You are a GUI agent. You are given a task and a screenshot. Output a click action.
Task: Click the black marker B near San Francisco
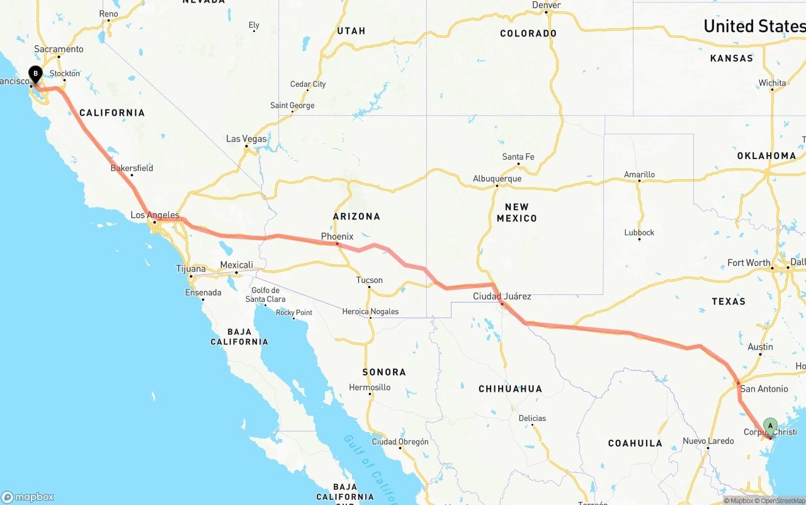(x=36, y=74)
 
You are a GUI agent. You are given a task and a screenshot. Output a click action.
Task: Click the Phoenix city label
(x=337, y=236)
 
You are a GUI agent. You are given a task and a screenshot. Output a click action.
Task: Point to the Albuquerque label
(x=497, y=179)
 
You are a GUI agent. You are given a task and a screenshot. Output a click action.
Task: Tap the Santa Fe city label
(x=518, y=157)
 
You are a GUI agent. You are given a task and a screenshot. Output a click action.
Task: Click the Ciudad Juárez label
(x=502, y=296)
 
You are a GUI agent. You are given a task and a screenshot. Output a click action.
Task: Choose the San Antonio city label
(x=764, y=389)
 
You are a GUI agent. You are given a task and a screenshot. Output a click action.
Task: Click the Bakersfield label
(x=132, y=168)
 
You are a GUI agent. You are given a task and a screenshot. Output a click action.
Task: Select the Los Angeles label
(x=155, y=215)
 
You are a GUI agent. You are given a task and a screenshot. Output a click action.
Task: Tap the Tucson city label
(x=369, y=280)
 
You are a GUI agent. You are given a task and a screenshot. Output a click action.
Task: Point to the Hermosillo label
(x=370, y=387)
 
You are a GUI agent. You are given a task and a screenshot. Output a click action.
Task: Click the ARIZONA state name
(x=356, y=216)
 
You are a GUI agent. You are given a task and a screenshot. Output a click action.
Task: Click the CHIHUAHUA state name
(x=510, y=389)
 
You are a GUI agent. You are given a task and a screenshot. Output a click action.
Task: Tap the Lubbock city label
(x=639, y=232)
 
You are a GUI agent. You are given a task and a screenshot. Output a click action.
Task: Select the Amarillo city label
(x=639, y=174)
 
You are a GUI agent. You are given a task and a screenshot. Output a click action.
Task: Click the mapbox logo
(x=28, y=497)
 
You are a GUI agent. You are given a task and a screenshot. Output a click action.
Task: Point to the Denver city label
(x=546, y=5)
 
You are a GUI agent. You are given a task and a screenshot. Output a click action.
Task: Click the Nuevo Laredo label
(x=708, y=441)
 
